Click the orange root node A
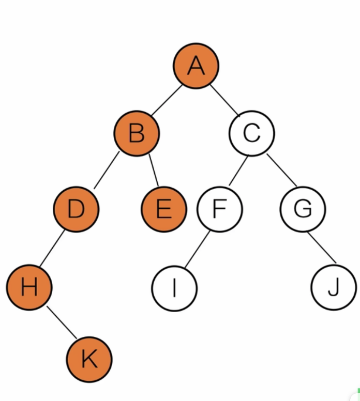coord(196,65)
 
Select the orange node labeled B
coord(137,133)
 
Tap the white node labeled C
coord(251,133)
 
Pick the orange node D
coord(76,209)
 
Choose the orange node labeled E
coord(163,209)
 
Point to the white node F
coord(219,209)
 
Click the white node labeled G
coord(303,209)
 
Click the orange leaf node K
coord(89,359)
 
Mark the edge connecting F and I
coord(197,250)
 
